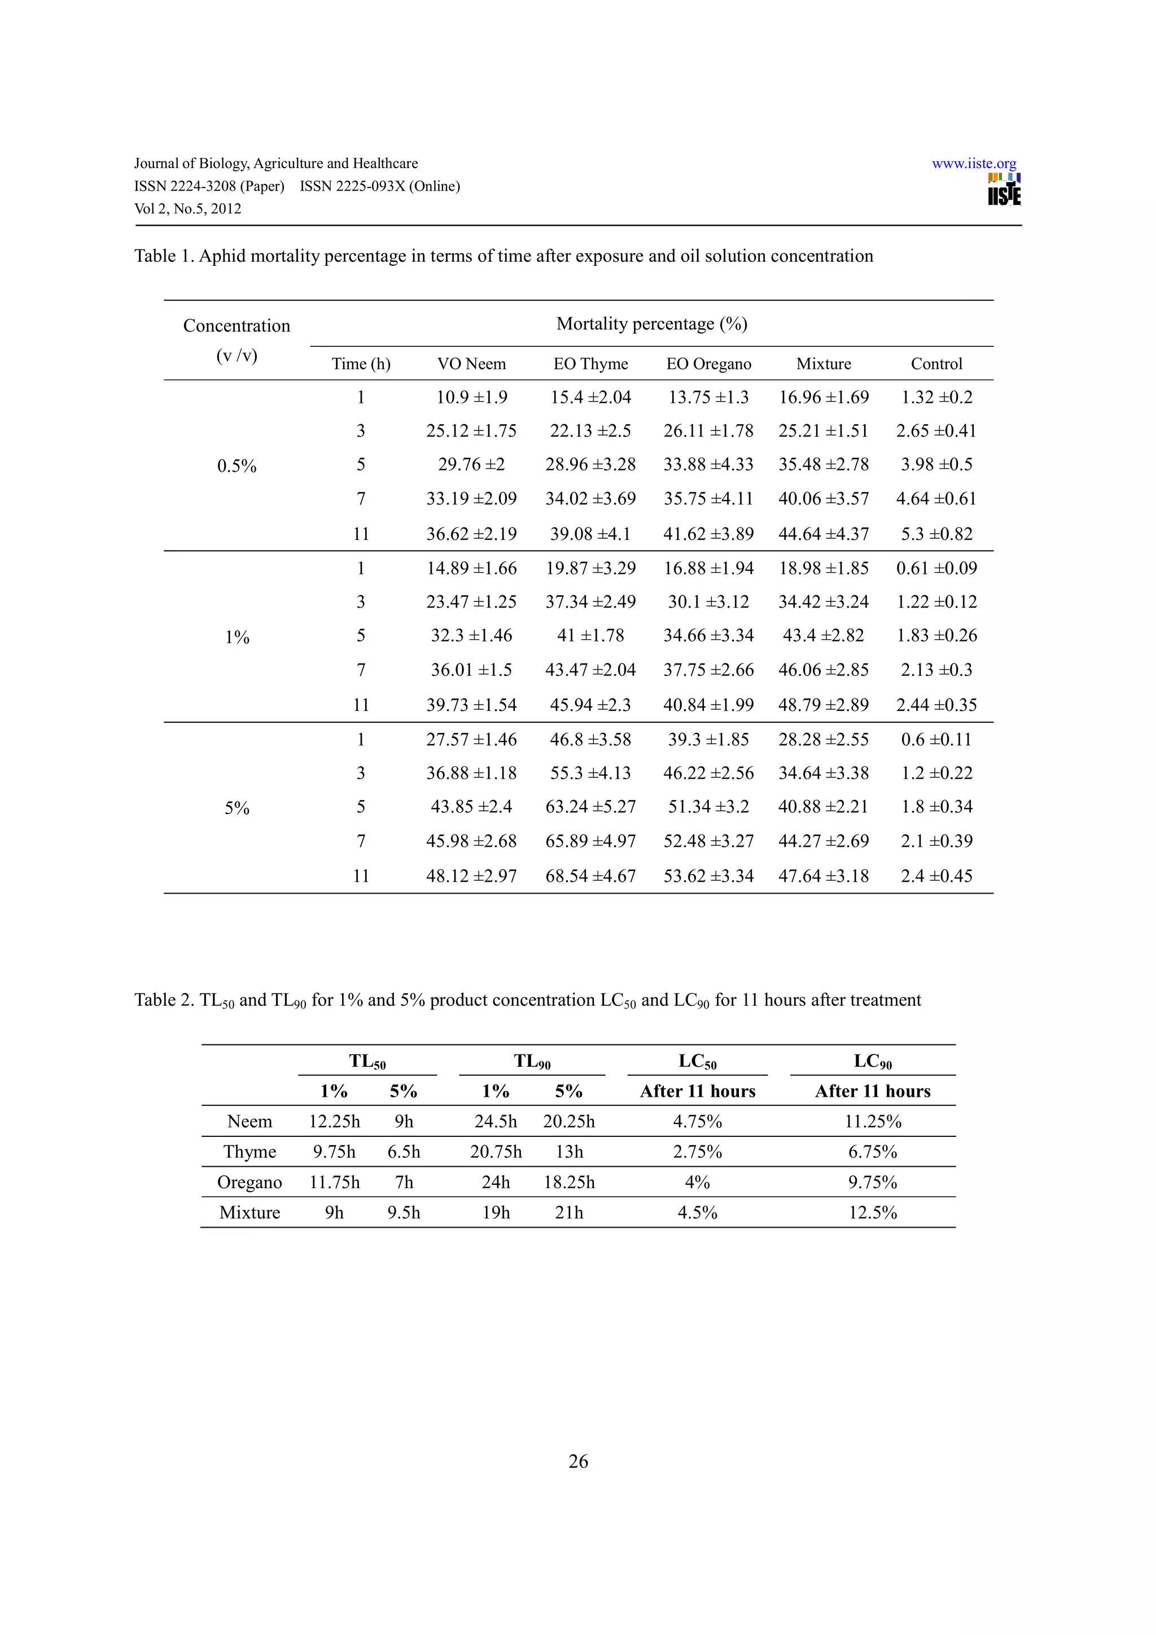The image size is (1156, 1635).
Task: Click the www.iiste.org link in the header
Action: [973, 163]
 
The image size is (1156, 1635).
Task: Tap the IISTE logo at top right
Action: [1004, 190]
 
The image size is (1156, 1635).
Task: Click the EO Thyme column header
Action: [590, 364]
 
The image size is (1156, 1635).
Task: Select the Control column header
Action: [936, 364]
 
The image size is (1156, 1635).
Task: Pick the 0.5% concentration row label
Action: [237, 465]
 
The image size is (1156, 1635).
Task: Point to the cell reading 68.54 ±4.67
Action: [590, 876]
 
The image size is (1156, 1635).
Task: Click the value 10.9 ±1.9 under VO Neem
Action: [471, 397]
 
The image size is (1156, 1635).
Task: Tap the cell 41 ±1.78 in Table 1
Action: [590, 635]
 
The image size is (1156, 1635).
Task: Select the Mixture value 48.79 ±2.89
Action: [824, 705]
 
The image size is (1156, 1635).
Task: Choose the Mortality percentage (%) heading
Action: [651, 324]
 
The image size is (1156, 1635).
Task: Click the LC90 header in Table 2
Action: [873, 1062]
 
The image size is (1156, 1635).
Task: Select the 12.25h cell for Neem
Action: [334, 1122]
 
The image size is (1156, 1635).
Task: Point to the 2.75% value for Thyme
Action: [697, 1152]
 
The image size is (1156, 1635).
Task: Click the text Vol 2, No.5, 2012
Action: [187, 209]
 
